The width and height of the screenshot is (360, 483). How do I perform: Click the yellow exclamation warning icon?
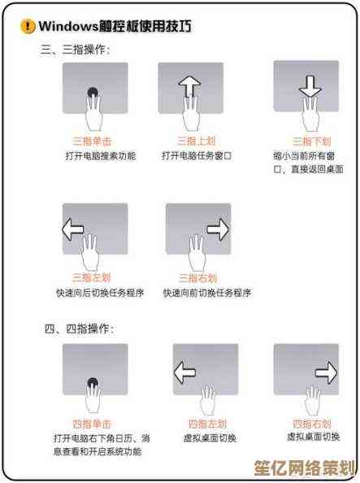28,26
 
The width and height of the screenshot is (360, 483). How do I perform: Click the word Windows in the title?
68,26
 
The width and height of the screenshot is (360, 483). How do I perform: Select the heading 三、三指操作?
75,50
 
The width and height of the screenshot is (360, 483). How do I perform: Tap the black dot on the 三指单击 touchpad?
93,92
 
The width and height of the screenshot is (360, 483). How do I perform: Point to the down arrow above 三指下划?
310,86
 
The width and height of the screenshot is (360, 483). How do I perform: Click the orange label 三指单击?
92,141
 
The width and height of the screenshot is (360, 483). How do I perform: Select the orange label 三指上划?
196,141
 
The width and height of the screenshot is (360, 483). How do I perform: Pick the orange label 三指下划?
312,141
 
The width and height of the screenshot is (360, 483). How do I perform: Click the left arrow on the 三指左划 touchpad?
73,229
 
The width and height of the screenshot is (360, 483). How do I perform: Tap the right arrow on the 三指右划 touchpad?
218,229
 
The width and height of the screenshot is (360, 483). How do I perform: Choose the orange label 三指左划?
92,278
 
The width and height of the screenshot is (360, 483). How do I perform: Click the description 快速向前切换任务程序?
207,293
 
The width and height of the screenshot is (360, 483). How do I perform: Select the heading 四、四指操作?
79,329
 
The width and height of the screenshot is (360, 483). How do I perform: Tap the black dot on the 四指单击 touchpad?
93,383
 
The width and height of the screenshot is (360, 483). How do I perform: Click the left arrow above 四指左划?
184,372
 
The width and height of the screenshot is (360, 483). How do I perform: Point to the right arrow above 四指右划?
327,372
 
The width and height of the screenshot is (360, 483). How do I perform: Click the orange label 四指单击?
92,424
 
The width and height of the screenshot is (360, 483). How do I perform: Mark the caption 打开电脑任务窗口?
197,156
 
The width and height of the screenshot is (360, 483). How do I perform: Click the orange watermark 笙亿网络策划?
305,468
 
